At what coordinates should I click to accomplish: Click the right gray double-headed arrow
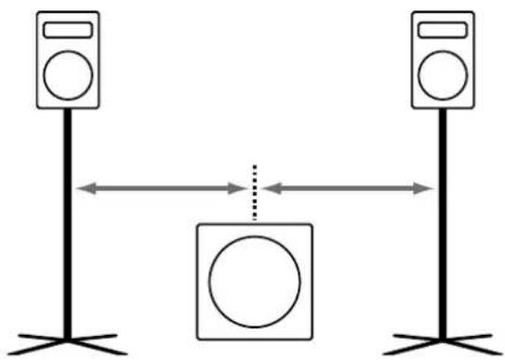[349, 189]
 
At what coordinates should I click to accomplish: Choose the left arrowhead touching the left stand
[84, 189]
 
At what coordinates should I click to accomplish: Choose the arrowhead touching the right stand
[426, 189]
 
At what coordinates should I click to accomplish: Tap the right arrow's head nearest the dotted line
[270, 189]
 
